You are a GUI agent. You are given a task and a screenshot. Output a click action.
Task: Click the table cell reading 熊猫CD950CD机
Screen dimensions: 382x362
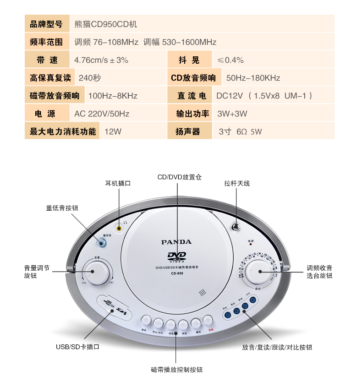105,24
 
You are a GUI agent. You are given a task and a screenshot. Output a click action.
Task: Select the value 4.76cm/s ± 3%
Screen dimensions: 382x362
101,60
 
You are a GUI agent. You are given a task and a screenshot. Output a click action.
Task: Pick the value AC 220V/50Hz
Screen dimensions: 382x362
102,114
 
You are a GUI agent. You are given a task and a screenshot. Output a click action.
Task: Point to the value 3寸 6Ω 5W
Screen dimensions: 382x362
240,132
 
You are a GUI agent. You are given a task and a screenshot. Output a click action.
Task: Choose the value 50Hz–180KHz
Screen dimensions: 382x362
253,78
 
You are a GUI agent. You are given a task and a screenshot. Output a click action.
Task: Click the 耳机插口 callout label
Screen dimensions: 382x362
118,183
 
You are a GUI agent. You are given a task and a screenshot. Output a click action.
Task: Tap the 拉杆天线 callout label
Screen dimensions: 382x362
237,183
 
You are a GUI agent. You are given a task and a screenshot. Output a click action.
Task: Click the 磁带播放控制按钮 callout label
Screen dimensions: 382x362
176,369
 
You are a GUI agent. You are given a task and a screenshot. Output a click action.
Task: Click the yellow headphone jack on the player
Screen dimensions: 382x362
120,227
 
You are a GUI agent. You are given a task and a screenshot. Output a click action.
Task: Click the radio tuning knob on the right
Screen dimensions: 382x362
258,272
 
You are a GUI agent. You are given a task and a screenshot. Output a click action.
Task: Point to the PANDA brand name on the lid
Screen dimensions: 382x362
176,242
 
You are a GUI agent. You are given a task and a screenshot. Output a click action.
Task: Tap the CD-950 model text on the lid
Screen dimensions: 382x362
176,274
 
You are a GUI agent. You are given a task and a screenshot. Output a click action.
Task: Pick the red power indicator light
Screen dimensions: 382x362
251,244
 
